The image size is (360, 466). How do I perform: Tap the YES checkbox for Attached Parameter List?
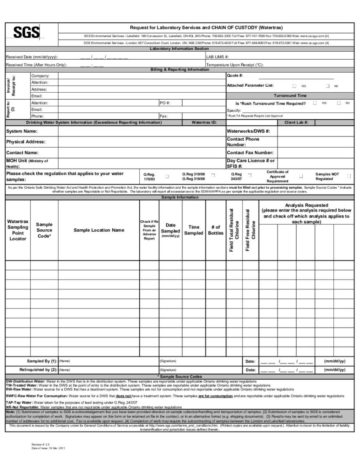click(294, 86)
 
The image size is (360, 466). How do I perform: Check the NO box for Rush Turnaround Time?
click(339, 103)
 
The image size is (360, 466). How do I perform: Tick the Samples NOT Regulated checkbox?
click(348, 176)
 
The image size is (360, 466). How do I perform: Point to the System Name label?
click(22, 131)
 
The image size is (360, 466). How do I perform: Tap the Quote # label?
click(235, 75)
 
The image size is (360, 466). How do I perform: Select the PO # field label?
click(165, 103)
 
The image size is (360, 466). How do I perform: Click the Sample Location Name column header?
click(99, 230)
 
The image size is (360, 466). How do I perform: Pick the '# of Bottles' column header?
click(216, 230)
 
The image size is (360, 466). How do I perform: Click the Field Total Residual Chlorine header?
click(234, 230)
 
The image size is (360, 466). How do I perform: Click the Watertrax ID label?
click(204, 122)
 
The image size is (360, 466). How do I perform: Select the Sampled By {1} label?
click(42, 361)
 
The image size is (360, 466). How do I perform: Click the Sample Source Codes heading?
click(180, 376)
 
